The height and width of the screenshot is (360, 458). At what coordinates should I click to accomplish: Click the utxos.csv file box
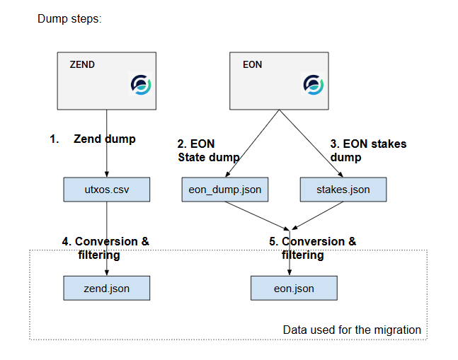click(x=107, y=190)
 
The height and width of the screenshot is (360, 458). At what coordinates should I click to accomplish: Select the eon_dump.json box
click(x=225, y=190)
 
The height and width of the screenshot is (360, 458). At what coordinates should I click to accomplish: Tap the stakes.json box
click(x=343, y=190)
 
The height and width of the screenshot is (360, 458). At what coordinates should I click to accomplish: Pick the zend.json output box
click(x=107, y=288)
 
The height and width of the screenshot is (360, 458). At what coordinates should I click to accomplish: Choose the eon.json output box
click(x=294, y=288)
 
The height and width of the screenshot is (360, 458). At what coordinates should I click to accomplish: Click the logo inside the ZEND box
click(x=141, y=85)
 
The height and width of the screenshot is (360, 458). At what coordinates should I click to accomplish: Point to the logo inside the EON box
click(x=314, y=85)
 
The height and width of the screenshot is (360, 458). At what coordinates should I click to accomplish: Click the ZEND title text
click(x=82, y=64)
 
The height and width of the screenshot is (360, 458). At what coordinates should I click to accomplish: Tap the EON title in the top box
click(x=253, y=64)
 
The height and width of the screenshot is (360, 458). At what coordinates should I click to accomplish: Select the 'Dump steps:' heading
click(x=69, y=19)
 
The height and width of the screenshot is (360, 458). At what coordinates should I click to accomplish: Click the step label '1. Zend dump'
click(x=93, y=139)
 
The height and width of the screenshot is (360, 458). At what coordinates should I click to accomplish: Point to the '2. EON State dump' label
click(x=209, y=151)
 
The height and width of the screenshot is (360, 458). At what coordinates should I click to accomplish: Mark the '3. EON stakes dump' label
click(x=368, y=151)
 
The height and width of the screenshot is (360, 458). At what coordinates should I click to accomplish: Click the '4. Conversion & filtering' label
click(x=105, y=248)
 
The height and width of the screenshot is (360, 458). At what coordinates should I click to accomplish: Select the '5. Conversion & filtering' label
click(x=313, y=248)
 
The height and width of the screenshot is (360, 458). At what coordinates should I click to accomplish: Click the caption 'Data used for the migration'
click(x=352, y=330)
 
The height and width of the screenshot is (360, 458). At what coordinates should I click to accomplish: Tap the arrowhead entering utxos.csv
click(x=107, y=174)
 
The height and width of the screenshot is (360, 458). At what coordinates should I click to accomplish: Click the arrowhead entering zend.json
click(x=107, y=273)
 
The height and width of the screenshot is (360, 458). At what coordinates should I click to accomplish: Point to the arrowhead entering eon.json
click(x=290, y=273)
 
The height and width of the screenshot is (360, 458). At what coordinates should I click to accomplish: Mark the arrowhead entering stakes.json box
click(x=340, y=175)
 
